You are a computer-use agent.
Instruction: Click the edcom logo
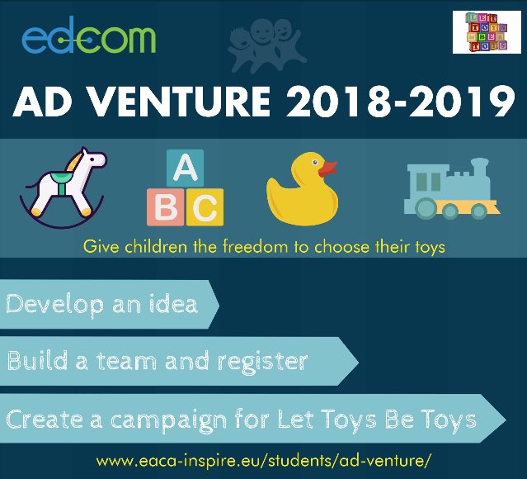click(88, 38)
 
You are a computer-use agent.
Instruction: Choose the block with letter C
click(205, 207)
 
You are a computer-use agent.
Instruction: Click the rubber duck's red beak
click(328, 168)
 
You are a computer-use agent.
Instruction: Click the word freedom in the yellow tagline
click(247, 247)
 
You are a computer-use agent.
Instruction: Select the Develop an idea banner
click(103, 304)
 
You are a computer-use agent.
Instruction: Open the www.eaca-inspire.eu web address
click(263, 458)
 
